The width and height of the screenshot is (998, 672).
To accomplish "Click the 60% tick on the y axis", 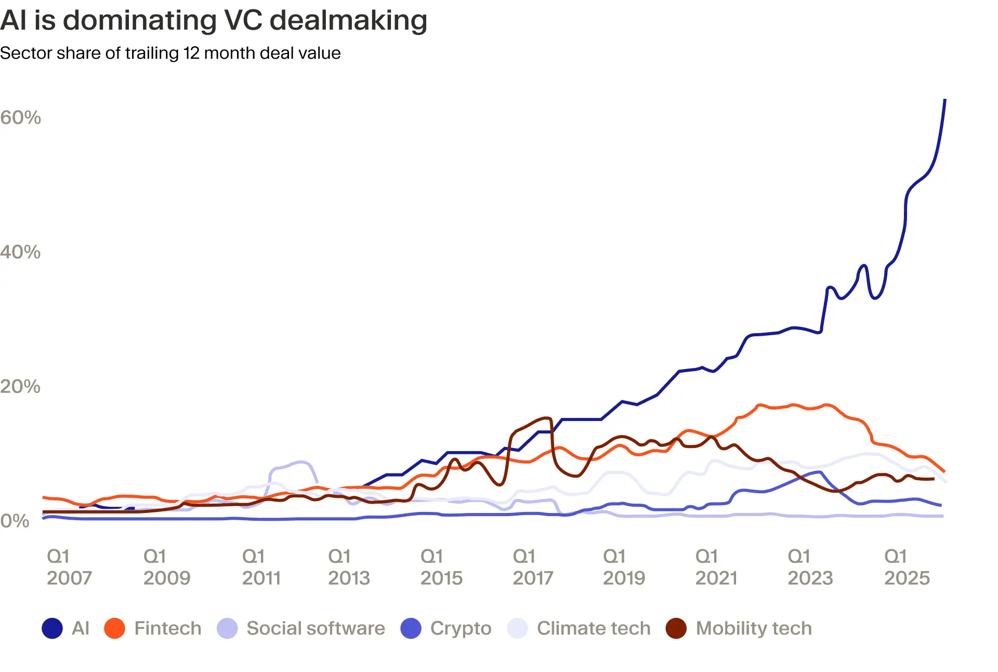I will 21,117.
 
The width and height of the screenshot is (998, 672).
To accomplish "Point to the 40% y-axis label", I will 21,252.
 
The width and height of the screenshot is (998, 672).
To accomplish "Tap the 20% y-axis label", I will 21,386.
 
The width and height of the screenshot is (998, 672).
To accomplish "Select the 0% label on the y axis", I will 15,521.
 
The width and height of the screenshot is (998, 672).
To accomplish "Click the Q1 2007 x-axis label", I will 69,567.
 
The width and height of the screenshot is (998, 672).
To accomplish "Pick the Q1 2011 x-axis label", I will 261,567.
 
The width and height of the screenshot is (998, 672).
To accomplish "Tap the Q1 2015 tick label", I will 441,567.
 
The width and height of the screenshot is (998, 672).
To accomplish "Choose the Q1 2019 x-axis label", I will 623,567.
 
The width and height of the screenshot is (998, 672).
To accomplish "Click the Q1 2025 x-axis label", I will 907,567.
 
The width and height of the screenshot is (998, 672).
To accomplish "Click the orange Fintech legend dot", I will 114,628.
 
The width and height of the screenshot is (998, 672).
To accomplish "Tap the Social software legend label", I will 316,628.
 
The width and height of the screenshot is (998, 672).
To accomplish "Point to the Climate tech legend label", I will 593,628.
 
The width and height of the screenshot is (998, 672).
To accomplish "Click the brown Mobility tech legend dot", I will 676,628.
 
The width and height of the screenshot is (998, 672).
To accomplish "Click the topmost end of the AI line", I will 944,100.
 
